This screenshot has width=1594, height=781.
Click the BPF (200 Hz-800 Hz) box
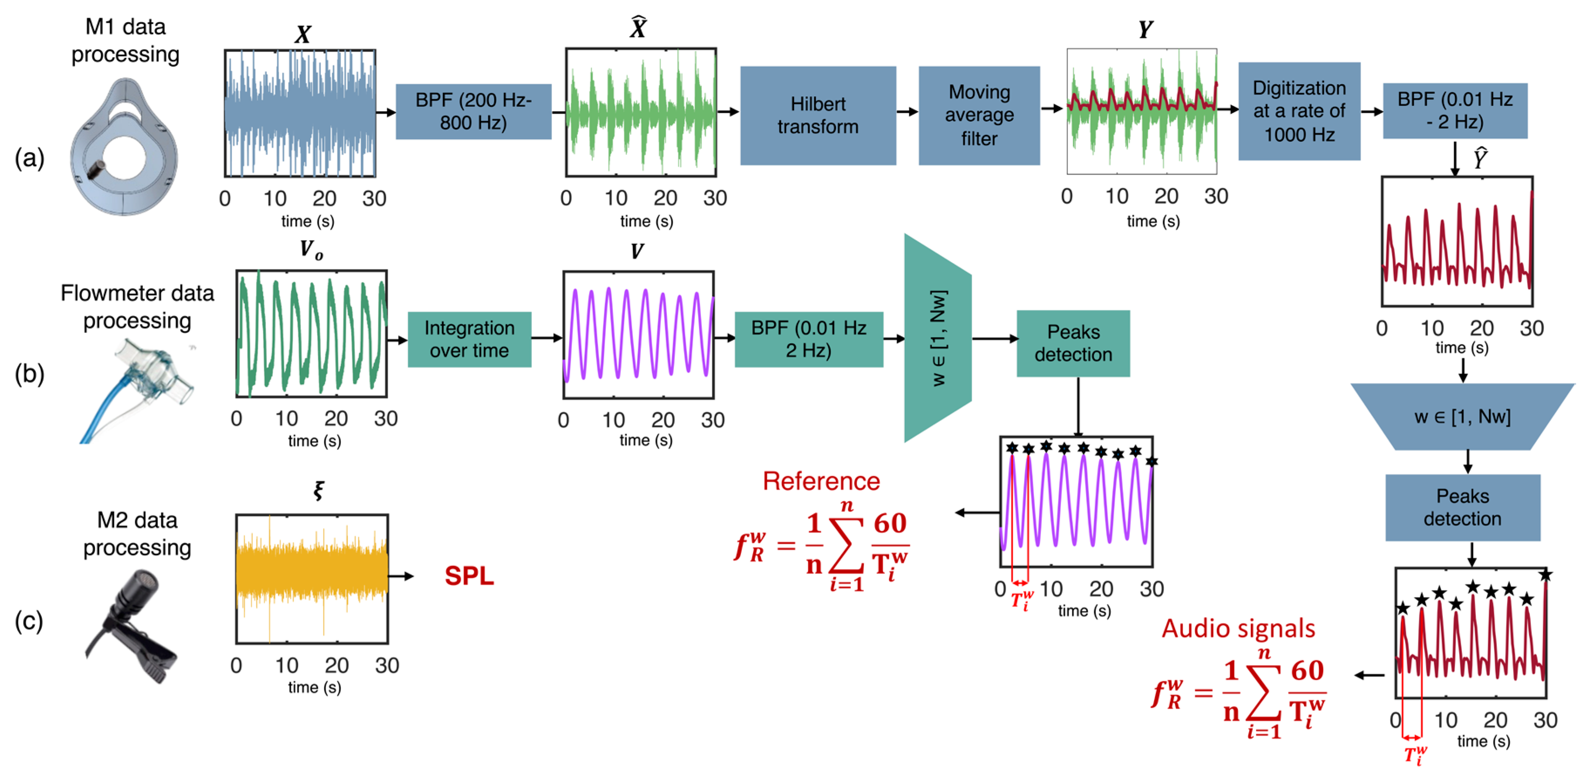(473, 111)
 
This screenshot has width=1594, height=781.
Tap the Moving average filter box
(979, 116)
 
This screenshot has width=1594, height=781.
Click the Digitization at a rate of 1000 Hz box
(1299, 111)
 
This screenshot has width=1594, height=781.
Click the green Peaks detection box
(1073, 344)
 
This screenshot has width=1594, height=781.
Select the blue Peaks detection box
(1462, 508)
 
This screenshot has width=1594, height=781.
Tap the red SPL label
(469, 576)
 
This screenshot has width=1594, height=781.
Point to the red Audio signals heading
(1238, 628)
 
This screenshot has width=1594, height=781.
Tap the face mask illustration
(124, 149)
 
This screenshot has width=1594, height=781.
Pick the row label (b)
(29, 374)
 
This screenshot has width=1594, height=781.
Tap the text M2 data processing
(137, 533)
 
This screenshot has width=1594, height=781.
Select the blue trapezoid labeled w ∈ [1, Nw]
(1462, 416)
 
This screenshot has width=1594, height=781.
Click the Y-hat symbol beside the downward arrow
(1479, 158)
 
